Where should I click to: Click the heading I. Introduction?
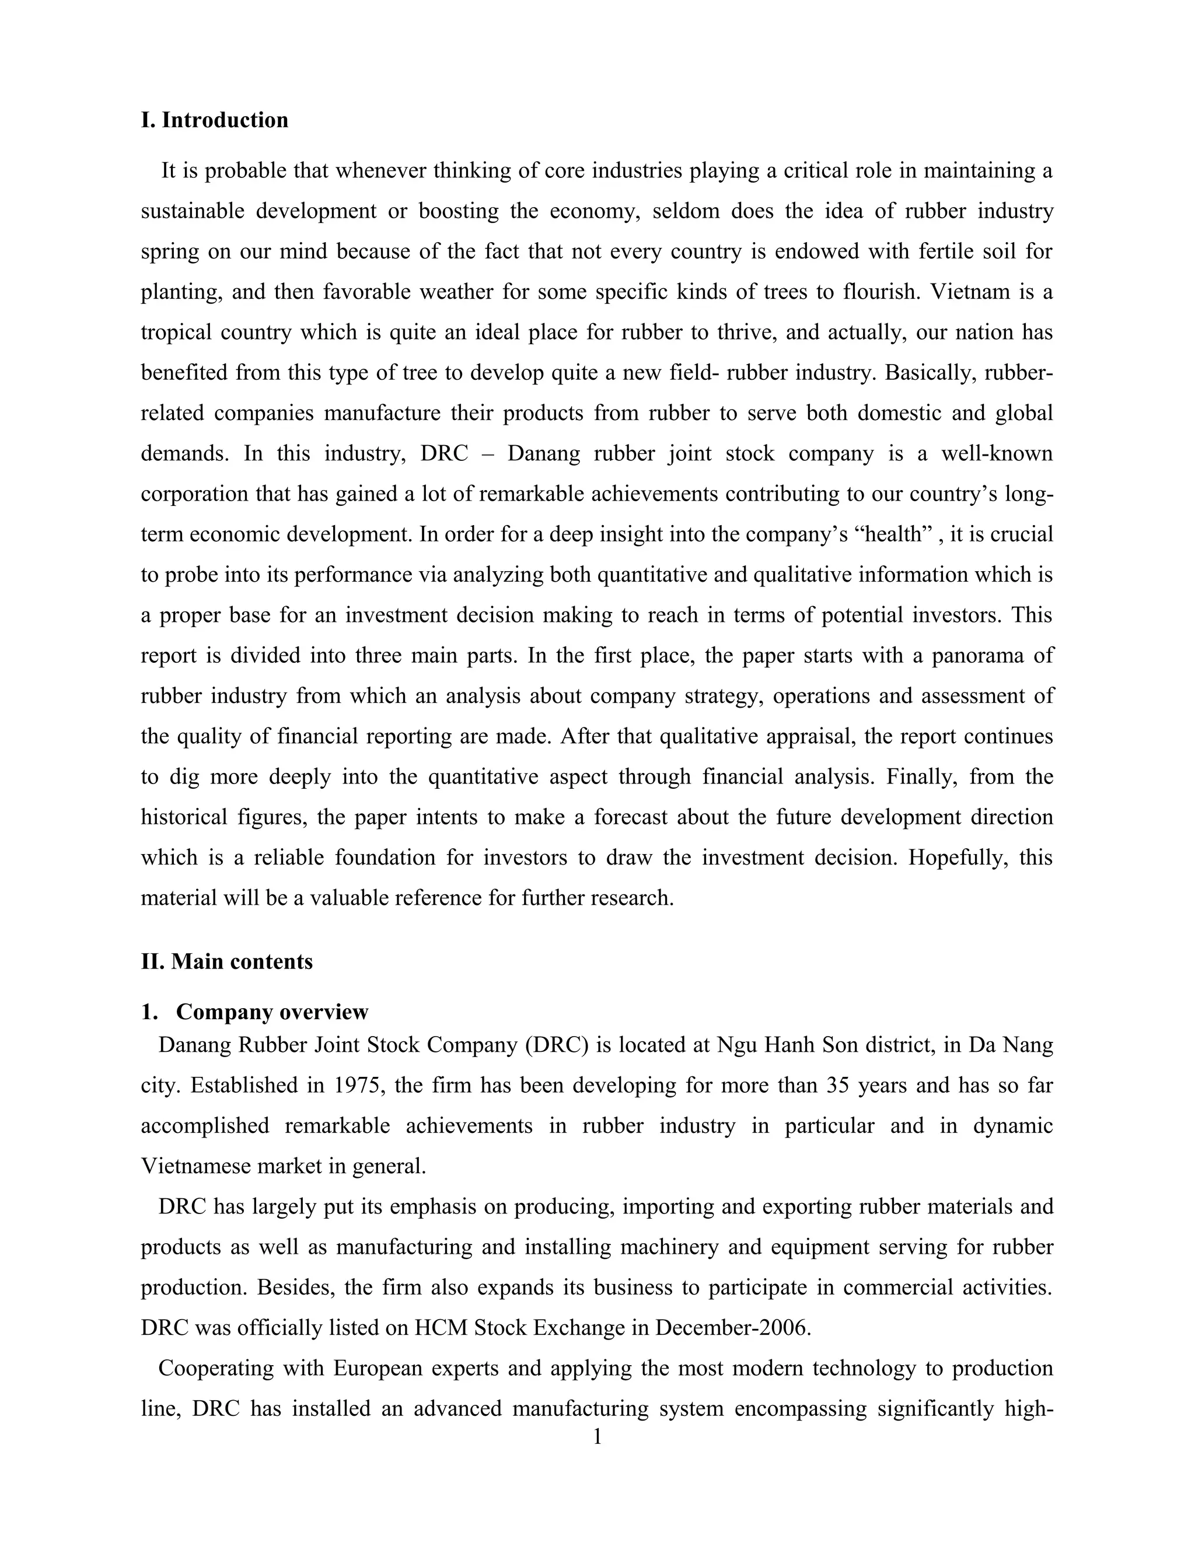215,120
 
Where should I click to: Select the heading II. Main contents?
226,962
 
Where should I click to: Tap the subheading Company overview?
272,1012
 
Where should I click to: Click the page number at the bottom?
597,1437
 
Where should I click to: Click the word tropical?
176,333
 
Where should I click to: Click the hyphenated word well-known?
997,454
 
